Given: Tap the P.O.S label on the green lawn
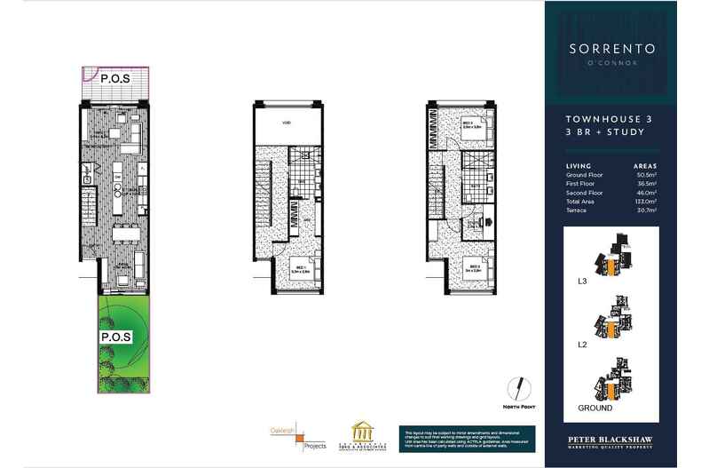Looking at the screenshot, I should coord(115,337).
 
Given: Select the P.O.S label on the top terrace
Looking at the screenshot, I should coord(115,78).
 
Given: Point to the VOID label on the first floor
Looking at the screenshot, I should coord(287,123).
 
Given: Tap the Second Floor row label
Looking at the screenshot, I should coord(584,193).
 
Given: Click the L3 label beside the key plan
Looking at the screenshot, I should coord(582,282).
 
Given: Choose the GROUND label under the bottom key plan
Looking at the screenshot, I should coord(595,409).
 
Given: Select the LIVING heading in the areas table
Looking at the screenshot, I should coord(578,166).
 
